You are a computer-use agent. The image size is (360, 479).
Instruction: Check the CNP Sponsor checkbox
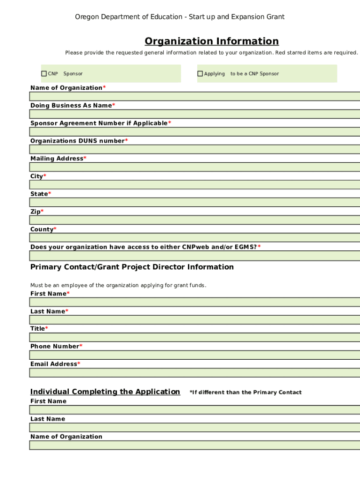click(44, 73)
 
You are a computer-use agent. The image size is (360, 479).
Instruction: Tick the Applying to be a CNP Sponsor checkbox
click(200, 73)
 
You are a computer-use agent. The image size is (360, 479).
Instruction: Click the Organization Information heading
click(211, 41)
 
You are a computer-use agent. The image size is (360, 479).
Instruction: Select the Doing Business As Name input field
click(194, 114)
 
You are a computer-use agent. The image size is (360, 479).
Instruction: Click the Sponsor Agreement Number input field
click(194, 132)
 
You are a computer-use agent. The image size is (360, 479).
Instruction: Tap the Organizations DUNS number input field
click(194, 150)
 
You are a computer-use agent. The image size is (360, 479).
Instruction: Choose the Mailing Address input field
click(194, 167)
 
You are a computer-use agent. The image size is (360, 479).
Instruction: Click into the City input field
click(194, 185)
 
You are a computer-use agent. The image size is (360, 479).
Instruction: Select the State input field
click(194, 203)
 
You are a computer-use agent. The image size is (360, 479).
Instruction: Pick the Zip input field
click(194, 220)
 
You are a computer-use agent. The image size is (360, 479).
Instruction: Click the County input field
click(194, 238)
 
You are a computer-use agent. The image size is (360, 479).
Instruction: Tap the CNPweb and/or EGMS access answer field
click(194, 256)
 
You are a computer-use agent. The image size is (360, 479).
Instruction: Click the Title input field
click(194, 337)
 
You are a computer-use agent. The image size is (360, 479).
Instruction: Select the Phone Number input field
click(194, 355)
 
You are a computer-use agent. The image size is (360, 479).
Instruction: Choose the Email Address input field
click(194, 373)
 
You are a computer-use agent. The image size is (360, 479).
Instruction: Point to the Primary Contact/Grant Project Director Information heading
click(132, 267)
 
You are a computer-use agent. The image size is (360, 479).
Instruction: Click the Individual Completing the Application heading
click(105, 392)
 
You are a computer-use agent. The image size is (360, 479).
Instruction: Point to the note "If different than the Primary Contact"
click(245, 392)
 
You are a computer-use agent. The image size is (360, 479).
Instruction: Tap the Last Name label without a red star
click(48, 419)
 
